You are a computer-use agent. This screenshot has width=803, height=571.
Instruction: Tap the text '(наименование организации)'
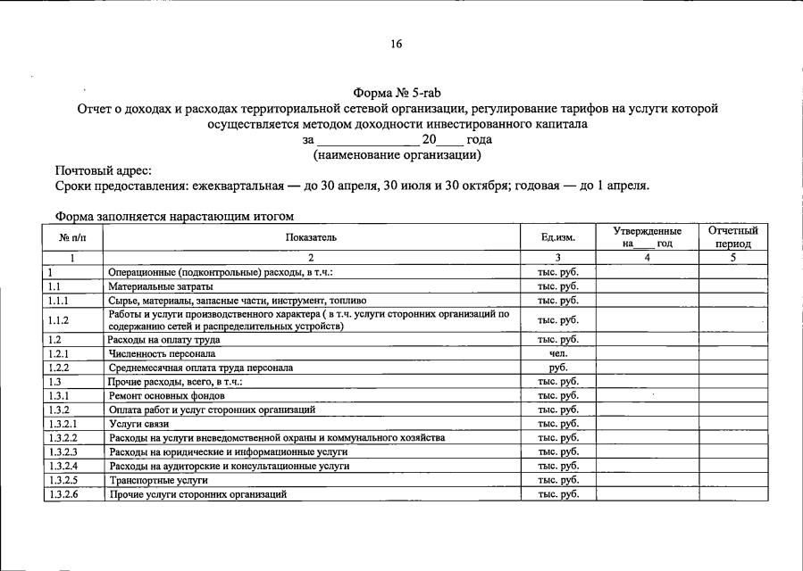(x=397, y=155)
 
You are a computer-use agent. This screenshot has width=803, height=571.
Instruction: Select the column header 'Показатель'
(x=311, y=237)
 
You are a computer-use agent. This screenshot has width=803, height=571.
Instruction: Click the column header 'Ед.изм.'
(x=558, y=237)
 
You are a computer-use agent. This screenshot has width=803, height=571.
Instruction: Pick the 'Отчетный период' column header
(x=732, y=237)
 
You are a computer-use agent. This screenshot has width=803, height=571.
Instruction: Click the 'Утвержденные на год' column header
(x=647, y=237)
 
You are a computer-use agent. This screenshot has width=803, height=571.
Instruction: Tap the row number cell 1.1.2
(x=59, y=320)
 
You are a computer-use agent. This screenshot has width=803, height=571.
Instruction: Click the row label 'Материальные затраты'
(x=161, y=286)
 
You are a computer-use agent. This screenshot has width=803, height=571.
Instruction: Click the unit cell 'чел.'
(x=558, y=353)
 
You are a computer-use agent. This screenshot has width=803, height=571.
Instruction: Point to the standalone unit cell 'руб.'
(x=558, y=368)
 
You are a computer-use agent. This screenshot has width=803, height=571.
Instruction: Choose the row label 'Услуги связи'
(x=138, y=424)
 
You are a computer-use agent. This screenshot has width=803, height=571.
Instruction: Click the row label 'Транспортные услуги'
(x=151, y=480)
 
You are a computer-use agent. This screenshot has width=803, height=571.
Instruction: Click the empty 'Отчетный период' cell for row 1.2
(x=732, y=339)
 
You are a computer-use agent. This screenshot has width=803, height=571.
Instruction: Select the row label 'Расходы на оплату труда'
(x=163, y=339)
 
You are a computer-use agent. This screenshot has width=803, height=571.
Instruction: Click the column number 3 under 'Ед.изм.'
(x=558, y=258)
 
